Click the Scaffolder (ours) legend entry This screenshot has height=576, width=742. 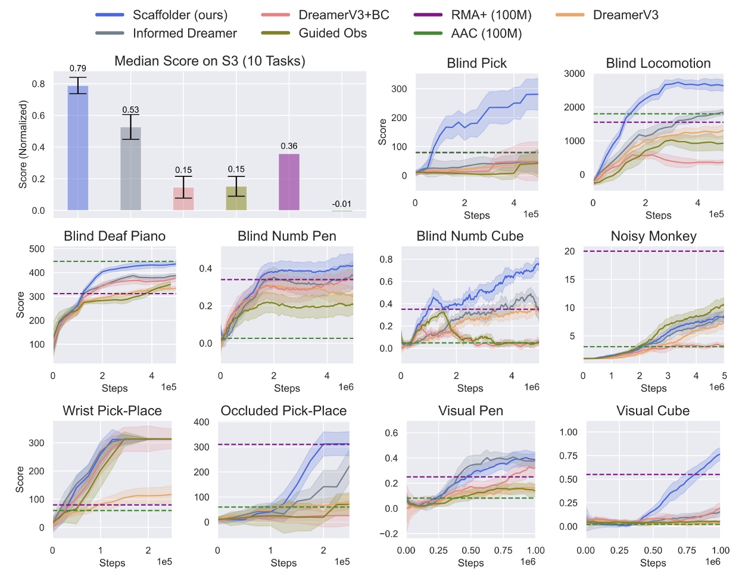coord(179,15)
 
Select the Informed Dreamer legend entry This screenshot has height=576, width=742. coord(184,33)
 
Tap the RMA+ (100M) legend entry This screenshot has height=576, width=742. coord(491,15)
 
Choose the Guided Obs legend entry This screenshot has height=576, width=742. coord(332,33)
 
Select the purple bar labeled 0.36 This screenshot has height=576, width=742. coord(289,182)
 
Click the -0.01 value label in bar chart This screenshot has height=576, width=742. coord(341,204)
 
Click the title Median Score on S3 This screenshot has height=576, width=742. coord(210,61)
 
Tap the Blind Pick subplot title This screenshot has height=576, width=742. coord(476,63)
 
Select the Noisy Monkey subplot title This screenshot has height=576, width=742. coord(653,236)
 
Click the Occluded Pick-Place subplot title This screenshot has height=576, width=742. coord(283,410)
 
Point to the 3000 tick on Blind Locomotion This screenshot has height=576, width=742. coord(574,73)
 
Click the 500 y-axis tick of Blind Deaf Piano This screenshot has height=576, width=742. coord(37,249)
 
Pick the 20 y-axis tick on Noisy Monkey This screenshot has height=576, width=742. coord(569,251)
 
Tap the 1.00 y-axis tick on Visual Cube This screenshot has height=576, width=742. coord(568,432)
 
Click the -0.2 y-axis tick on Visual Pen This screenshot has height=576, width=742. coord(390,534)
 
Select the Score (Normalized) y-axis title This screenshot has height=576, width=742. coord(23,145)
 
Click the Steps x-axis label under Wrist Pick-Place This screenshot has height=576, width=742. coord(112,563)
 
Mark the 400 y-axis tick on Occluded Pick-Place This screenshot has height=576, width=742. coord(201,422)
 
